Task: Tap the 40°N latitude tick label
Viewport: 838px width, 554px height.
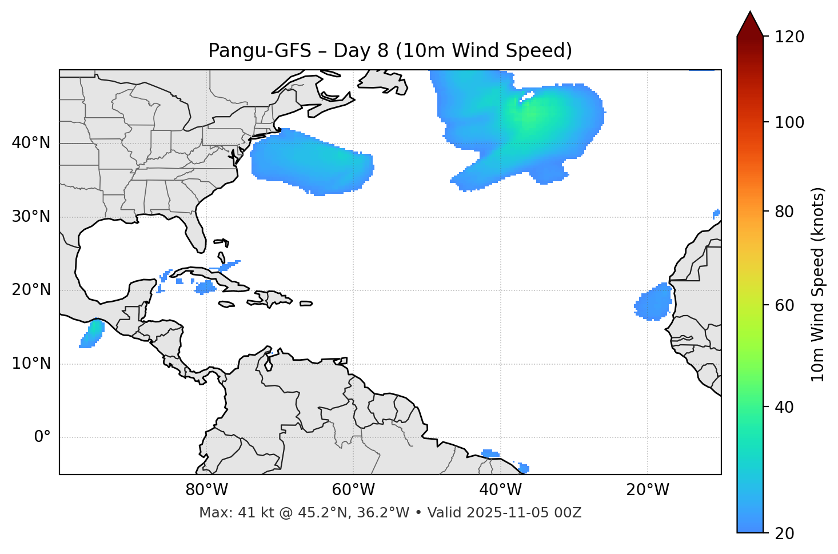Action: coord(31,143)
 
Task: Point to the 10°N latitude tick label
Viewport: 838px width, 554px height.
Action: coord(31,364)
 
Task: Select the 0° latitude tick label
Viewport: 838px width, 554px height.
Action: coord(42,437)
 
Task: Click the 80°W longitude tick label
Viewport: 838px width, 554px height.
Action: coord(206,490)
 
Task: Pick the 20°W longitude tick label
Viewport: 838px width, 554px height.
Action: coord(648,490)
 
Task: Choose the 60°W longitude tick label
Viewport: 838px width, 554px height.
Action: coord(353,490)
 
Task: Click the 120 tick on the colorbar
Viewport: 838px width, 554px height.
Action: coord(790,37)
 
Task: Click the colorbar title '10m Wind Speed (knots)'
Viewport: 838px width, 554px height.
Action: coord(818,285)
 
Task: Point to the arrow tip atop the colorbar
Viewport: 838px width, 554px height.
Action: coord(750,13)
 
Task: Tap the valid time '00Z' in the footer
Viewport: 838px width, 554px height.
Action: coord(568,513)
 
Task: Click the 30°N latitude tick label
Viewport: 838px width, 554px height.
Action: coord(31,217)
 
